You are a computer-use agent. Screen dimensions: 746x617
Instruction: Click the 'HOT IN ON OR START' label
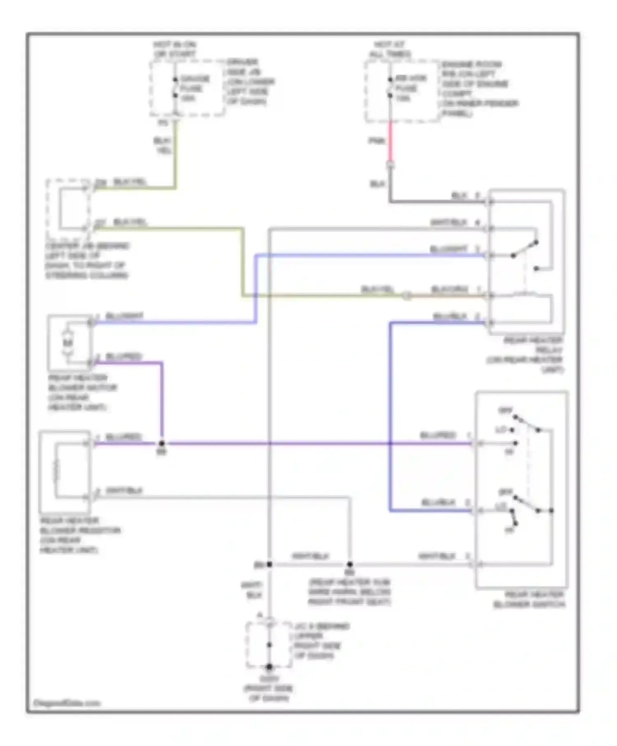point(175,49)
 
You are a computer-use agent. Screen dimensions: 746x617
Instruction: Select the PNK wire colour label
point(376,141)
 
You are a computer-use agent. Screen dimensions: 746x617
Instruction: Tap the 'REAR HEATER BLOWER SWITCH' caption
point(530,600)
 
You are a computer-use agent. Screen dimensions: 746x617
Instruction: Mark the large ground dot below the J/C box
point(269,667)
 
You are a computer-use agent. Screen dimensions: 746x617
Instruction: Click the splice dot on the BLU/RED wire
point(162,444)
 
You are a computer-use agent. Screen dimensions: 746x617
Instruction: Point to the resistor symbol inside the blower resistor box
point(56,470)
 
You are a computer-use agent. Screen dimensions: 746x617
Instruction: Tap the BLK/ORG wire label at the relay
point(450,290)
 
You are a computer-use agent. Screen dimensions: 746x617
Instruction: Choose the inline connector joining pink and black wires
point(390,166)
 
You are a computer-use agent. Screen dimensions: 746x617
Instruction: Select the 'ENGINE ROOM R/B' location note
point(480,88)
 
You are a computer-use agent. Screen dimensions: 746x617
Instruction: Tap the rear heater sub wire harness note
point(350,592)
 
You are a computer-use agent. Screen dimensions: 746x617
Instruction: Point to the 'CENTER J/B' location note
point(87,261)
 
